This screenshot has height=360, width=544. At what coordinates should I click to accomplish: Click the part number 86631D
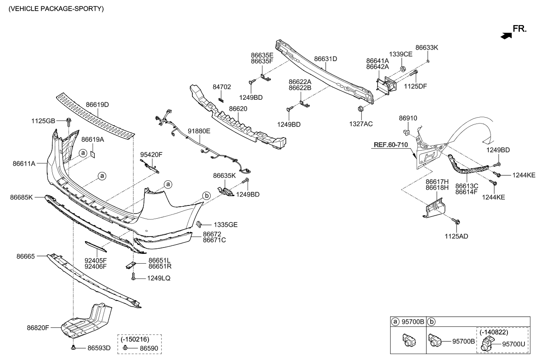(325, 59)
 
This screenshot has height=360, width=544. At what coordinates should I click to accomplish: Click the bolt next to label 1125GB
(68, 123)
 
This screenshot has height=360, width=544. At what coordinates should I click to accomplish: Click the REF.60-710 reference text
(390, 145)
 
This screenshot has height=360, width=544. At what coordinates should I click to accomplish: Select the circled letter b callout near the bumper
(206, 196)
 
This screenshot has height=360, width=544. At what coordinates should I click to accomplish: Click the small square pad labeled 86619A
(93, 154)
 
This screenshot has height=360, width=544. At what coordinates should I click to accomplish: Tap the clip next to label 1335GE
(199, 223)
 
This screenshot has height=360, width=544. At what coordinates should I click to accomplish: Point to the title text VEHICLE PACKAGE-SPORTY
(53, 8)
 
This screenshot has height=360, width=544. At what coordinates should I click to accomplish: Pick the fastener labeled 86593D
(73, 347)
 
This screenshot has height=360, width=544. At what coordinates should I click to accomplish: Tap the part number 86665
(26, 256)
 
